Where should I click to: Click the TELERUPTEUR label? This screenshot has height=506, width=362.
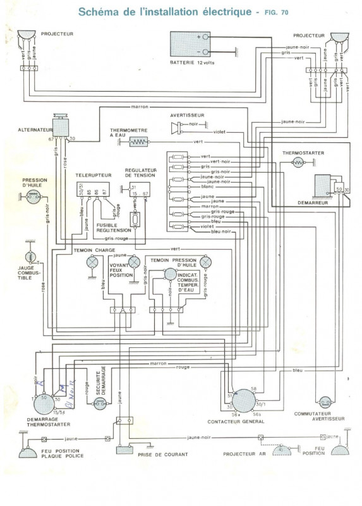(90, 173)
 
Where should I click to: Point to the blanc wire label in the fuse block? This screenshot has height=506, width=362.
(207, 187)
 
